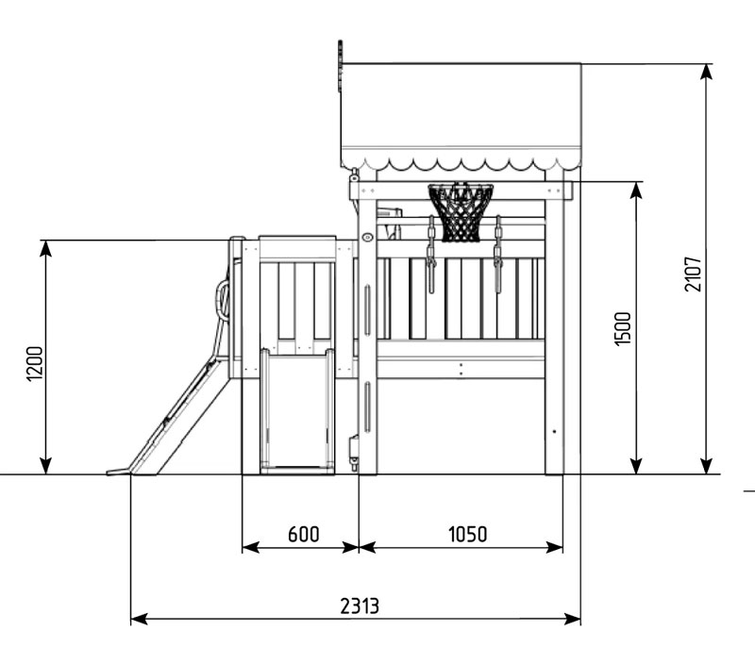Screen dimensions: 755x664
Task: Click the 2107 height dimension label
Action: [x=694, y=274]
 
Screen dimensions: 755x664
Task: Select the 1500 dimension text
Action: [x=623, y=328]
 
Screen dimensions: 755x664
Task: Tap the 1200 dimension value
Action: [x=35, y=363]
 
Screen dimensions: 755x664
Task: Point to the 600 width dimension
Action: [x=303, y=534]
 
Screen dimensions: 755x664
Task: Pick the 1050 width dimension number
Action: [x=467, y=534]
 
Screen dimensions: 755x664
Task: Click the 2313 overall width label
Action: [x=360, y=606]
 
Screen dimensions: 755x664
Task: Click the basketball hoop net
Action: [x=461, y=212]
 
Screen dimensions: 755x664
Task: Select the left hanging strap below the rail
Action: [x=431, y=254]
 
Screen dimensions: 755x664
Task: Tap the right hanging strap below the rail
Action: [x=498, y=254]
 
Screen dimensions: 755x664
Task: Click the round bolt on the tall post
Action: [x=367, y=237]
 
